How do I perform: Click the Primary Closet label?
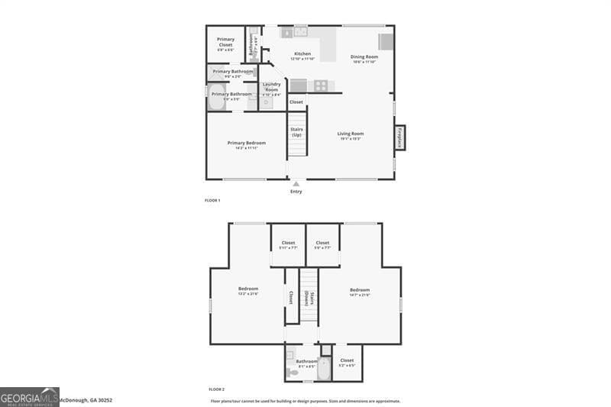225,42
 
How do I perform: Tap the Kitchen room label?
302,53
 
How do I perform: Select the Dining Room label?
364,57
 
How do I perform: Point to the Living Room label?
351,134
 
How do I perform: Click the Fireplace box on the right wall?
399,138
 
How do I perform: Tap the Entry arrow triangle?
296,183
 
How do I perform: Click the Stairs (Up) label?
296,132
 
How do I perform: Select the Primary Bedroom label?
246,143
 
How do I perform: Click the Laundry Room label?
271,87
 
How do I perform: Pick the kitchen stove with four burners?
321,86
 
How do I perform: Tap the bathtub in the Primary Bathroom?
215,98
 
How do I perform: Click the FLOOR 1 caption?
212,200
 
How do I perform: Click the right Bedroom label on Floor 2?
359,289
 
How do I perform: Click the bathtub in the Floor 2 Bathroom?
325,370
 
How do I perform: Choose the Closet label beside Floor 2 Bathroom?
347,360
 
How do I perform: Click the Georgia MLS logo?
29,397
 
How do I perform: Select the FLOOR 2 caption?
216,389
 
